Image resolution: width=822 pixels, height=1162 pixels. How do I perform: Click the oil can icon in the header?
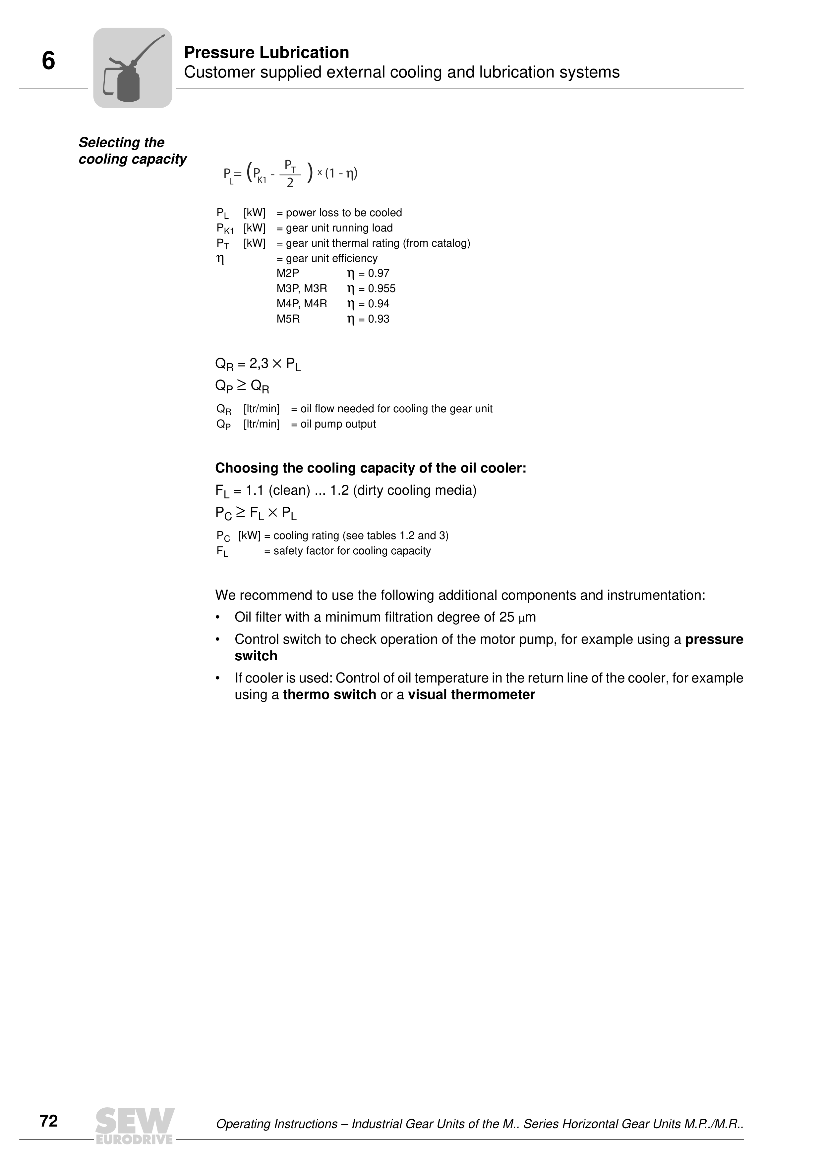click(x=133, y=68)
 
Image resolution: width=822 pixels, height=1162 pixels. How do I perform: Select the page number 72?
click(x=49, y=1121)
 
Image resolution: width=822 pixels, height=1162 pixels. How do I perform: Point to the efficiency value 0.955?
click(x=382, y=289)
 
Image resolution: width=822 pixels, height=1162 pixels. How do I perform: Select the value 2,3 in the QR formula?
click(x=259, y=363)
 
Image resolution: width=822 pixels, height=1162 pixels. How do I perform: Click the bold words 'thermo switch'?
click(x=329, y=695)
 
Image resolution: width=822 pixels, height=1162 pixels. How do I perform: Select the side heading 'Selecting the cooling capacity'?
click(x=132, y=151)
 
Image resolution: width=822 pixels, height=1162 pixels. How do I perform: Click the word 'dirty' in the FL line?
click(x=370, y=490)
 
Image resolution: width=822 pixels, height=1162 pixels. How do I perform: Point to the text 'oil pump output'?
click(x=338, y=424)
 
